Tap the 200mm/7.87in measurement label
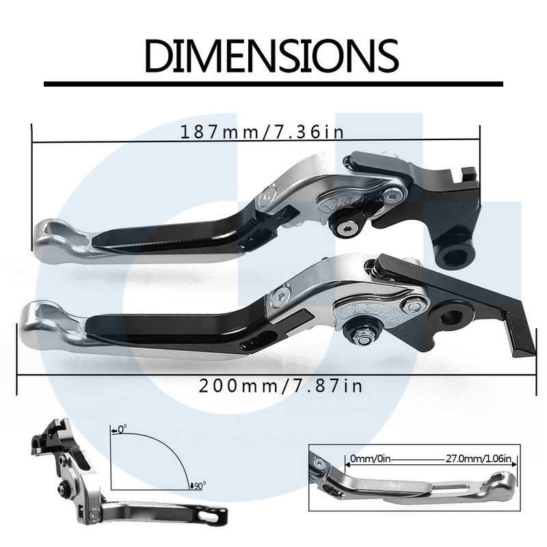click(280, 386)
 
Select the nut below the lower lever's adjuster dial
click(362, 332)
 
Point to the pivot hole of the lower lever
click(453, 315)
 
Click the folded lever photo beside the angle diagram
click(75, 479)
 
